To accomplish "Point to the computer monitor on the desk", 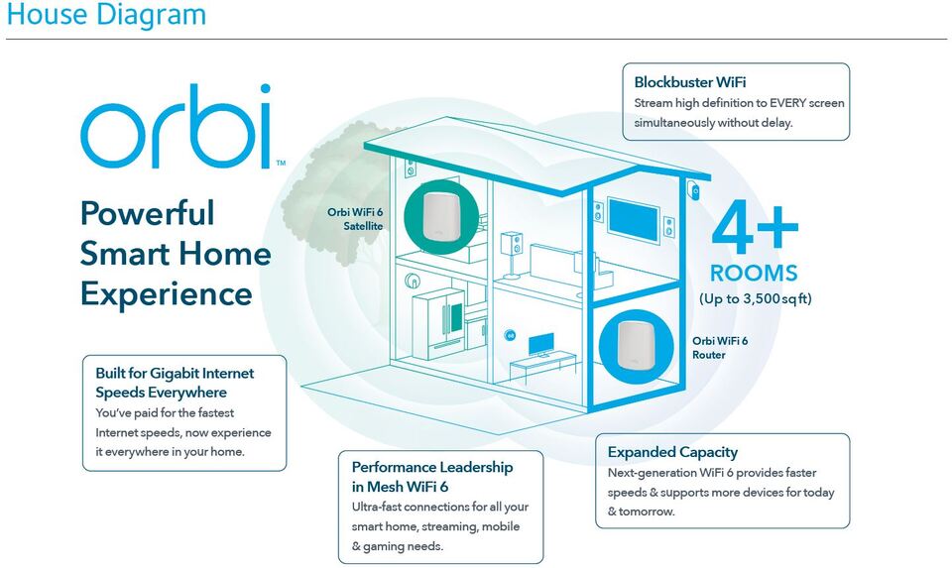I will click(x=541, y=344).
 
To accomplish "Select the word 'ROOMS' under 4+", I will click(x=754, y=274).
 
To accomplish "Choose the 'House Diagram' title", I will click(x=107, y=16).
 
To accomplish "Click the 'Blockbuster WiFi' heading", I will click(x=690, y=82).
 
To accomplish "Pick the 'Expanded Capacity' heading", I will click(x=672, y=452).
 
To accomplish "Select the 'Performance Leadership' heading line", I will click(x=432, y=466).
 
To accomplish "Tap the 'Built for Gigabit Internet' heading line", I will click(x=175, y=373).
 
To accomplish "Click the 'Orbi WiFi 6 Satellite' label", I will click(x=355, y=218).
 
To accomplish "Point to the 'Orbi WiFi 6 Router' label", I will click(x=720, y=347).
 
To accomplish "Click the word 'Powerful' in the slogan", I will click(x=147, y=213).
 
